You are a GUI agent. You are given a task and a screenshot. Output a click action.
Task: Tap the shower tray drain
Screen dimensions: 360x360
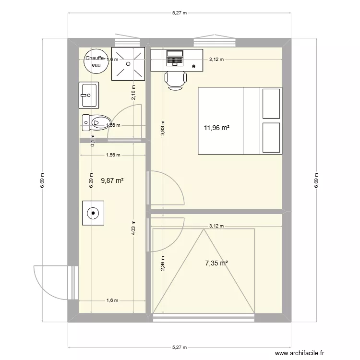click(x=128, y=63)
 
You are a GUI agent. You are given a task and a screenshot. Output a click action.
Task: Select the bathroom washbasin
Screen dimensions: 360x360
click(x=89, y=95)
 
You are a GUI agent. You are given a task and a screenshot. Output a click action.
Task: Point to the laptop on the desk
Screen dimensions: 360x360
click(x=175, y=59)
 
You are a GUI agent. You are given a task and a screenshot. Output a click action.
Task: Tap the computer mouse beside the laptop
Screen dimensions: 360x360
click(x=193, y=66)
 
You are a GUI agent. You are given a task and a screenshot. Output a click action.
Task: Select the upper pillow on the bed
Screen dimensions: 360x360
click(x=271, y=103)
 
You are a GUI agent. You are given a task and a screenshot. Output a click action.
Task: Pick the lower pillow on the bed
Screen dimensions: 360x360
click(x=271, y=138)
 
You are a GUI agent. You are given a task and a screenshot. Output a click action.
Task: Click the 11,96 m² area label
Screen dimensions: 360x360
click(x=216, y=128)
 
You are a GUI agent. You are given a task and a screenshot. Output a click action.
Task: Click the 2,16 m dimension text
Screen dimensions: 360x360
click(x=133, y=91)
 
